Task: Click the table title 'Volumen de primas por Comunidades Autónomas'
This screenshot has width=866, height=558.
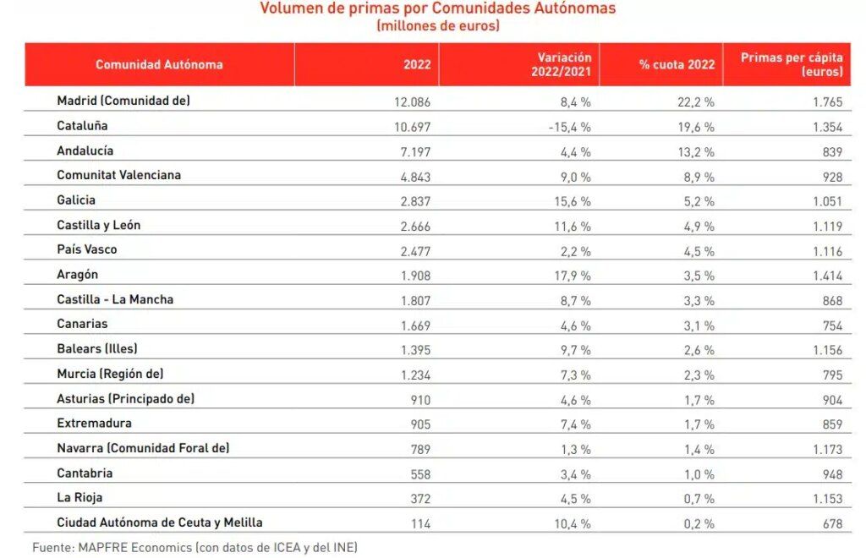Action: pos(437,8)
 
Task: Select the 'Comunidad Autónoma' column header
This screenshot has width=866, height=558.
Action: pos(159,64)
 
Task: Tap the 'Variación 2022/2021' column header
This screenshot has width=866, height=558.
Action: pos(564,64)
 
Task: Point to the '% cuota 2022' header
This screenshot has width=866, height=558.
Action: pos(677,64)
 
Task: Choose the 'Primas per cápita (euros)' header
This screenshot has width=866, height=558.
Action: pos(792,64)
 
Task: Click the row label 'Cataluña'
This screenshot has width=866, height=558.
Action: pos(82,126)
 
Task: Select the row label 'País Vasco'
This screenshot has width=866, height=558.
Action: pos(87,250)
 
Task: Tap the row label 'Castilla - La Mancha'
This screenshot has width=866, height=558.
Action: pos(115,299)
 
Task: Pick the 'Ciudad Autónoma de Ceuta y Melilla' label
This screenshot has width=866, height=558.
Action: pos(166,522)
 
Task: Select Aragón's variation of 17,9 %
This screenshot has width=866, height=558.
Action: pos(571,275)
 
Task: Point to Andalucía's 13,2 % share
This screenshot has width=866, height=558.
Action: pos(696,151)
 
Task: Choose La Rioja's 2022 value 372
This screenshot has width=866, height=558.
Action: pos(419,499)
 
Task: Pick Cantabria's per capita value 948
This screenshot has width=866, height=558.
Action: pos(831,474)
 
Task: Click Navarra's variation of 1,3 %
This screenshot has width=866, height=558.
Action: pos(574,449)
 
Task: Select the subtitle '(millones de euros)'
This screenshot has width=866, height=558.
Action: pos(437,26)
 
